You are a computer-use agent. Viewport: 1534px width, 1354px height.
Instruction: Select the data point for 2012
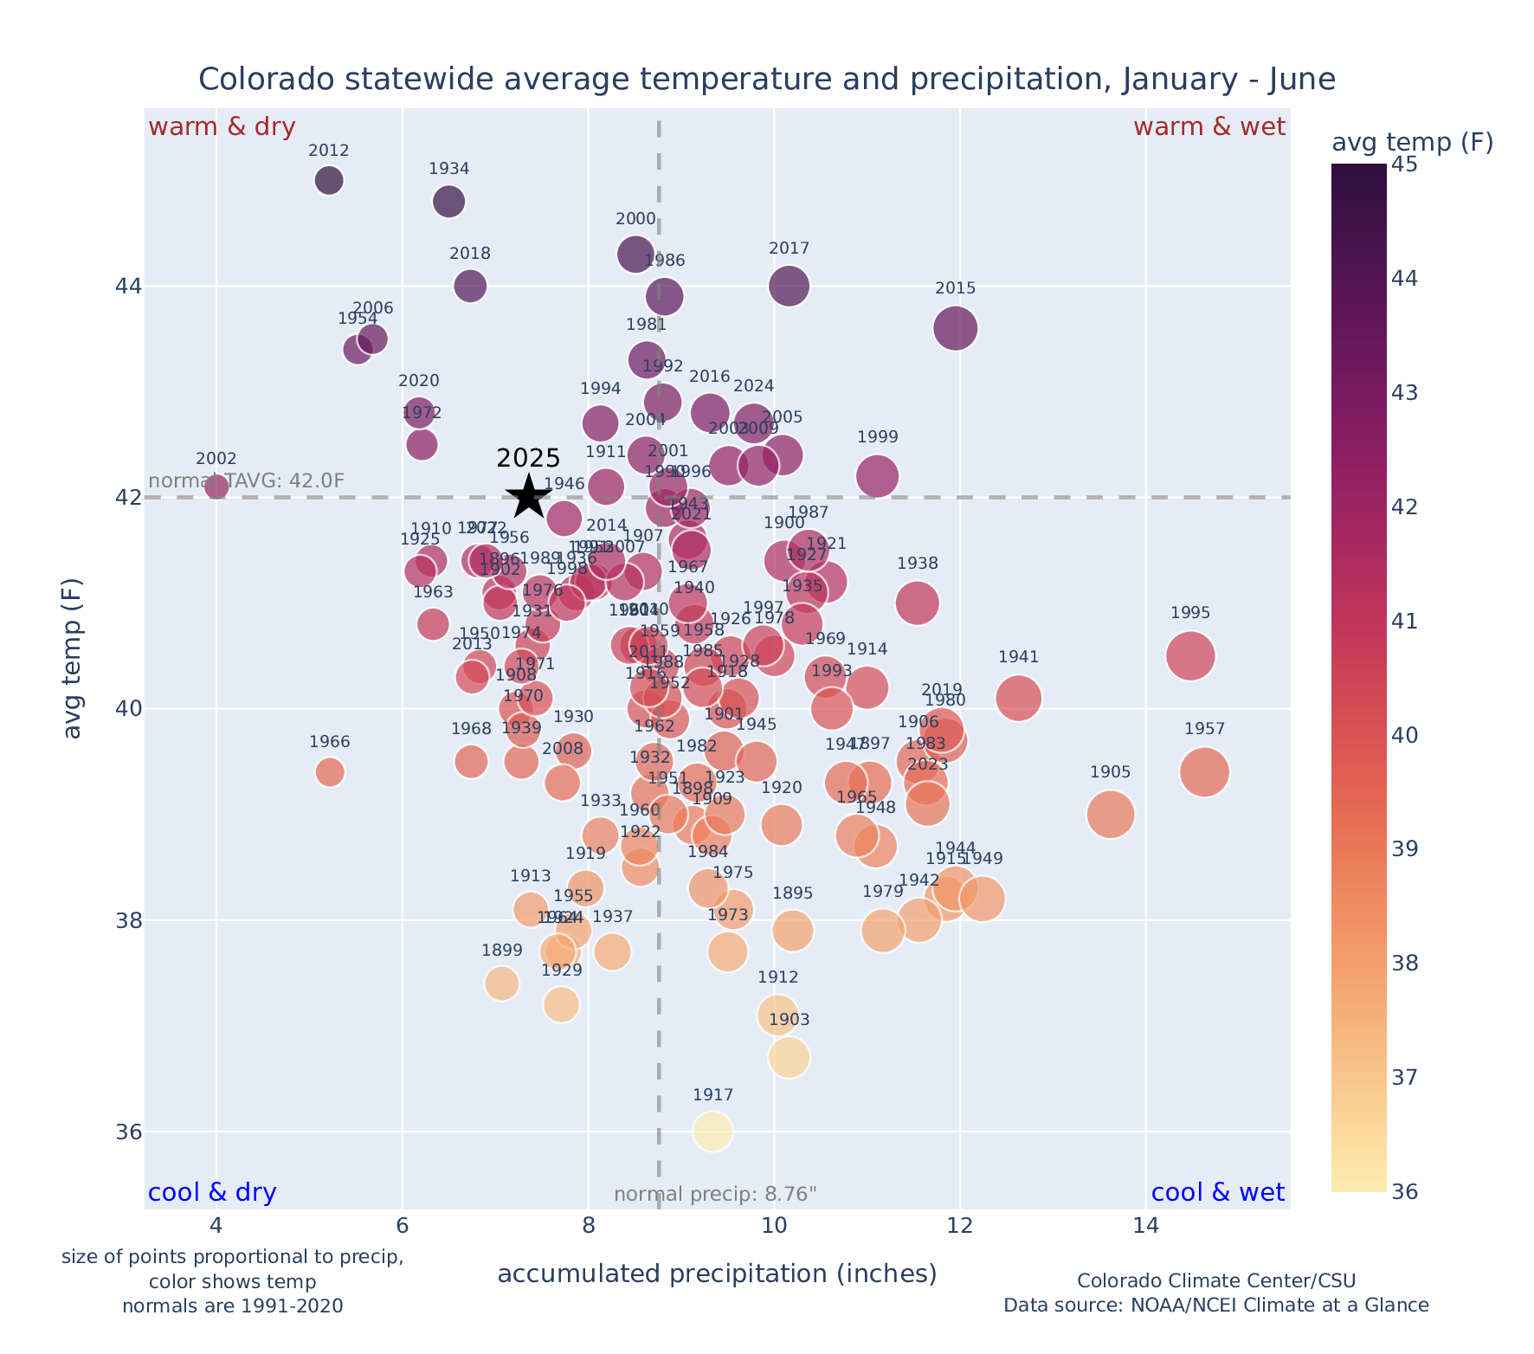[x=329, y=180]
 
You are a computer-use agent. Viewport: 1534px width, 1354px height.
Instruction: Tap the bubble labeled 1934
[x=448, y=201]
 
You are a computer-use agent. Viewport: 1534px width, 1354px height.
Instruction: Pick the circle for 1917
[x=712, y=1131]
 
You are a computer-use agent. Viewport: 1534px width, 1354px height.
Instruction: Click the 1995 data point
[x=1190, y=655]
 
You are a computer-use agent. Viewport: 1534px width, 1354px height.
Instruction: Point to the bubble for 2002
[x=216, y=487]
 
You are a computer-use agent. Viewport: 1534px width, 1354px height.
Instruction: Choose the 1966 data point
[x=330, y=771]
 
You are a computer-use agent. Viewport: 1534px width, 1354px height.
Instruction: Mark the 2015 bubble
[x=956, y=328]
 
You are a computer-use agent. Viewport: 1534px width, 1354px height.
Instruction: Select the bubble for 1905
[x=1111, y=814]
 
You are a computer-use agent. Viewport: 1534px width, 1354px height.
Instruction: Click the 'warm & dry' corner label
[x=222, y=127]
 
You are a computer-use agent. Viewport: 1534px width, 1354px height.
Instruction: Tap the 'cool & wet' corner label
[x=1217, y=1193]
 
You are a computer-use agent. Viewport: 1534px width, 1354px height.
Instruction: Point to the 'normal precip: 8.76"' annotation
[x=715, y=1195]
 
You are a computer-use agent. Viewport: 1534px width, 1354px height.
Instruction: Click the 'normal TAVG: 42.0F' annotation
[x=247, y=480]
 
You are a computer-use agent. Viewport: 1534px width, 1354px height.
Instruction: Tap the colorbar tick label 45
[x=1404, y=164]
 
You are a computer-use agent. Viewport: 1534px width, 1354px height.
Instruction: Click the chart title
[x=766, y=80]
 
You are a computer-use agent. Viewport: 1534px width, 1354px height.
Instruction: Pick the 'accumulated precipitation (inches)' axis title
[x=717, y=1273]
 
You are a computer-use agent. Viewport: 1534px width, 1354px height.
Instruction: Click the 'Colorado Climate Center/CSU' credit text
[x=1215, y=1280]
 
